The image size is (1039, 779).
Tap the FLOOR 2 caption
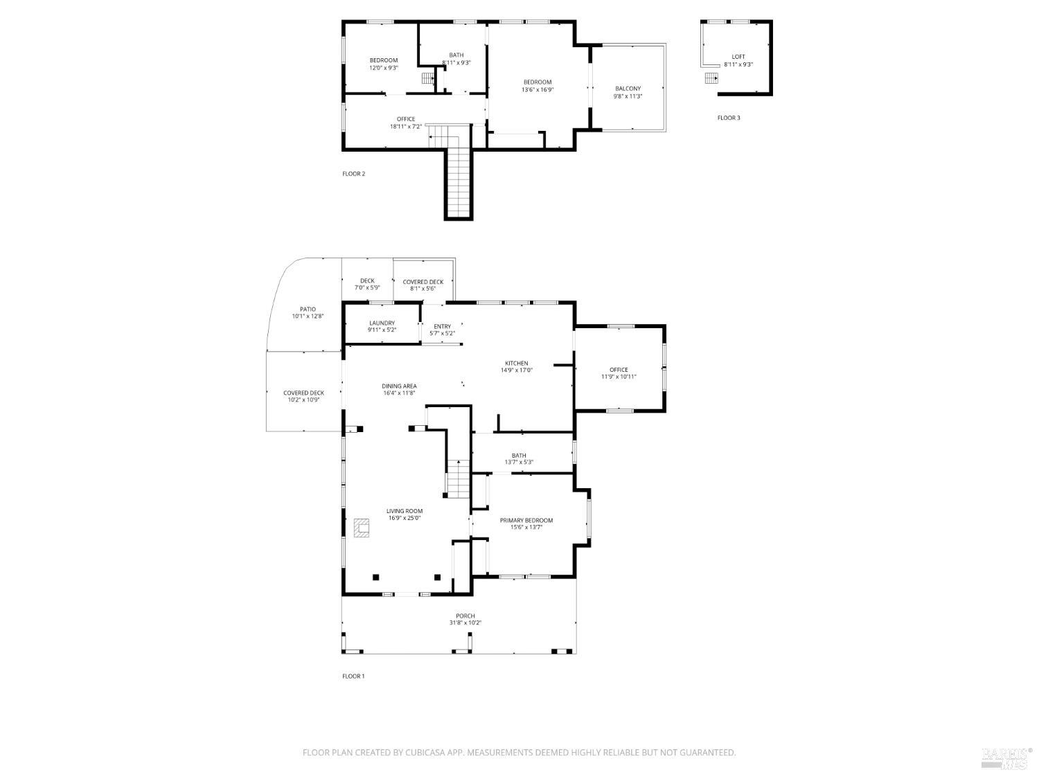(x=353, y=174)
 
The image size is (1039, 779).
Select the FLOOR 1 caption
(x=353, y=676)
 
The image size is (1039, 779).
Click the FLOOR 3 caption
(x=729, y=118)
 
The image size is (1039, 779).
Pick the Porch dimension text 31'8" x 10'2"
(x=465, y=623)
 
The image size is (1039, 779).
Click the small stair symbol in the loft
(x=711, y=78)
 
